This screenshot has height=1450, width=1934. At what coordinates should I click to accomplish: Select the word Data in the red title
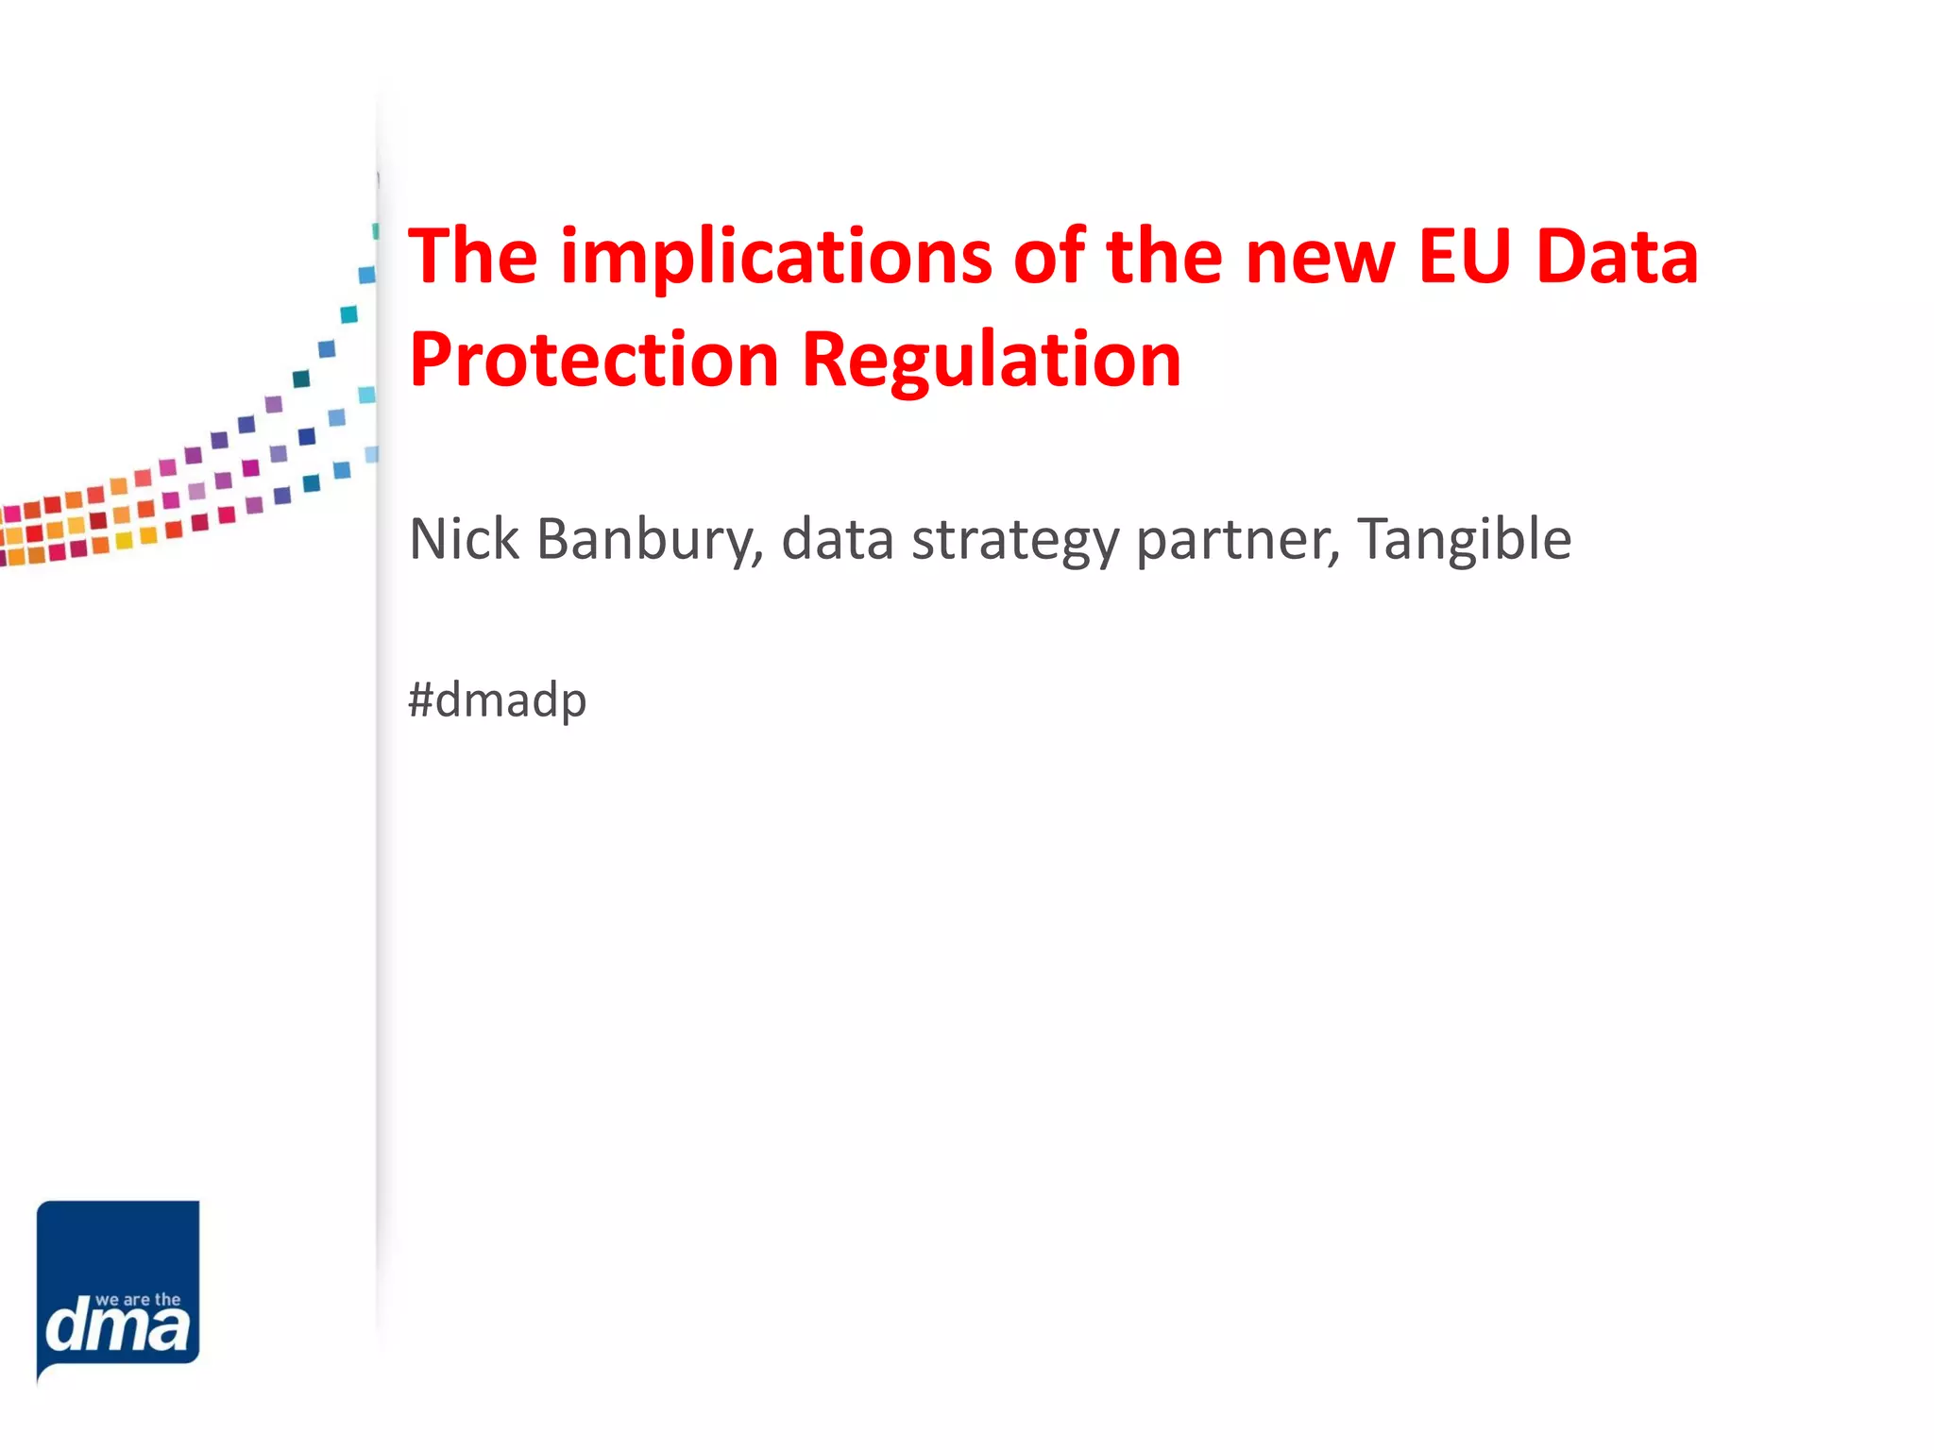(x=1617, y=257)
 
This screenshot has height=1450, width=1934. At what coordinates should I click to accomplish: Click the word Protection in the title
(x=594, y=361)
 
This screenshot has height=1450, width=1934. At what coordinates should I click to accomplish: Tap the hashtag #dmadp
(x=498, y=700)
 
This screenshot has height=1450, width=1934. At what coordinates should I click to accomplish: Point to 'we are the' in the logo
(x=138, y=1300)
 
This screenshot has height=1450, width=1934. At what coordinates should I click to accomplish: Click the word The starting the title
(x=473, y=257)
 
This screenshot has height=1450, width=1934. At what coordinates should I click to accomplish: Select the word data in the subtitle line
(x=838, y=539)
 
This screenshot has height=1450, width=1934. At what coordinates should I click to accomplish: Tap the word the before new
(x=1164, y=257)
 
